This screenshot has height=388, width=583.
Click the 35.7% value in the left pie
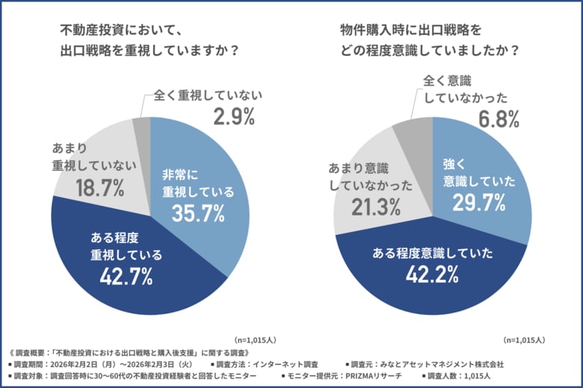tap(198, 213)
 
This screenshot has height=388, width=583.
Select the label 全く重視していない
tap(209, 96)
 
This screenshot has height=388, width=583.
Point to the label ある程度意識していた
tap(432, 253)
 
